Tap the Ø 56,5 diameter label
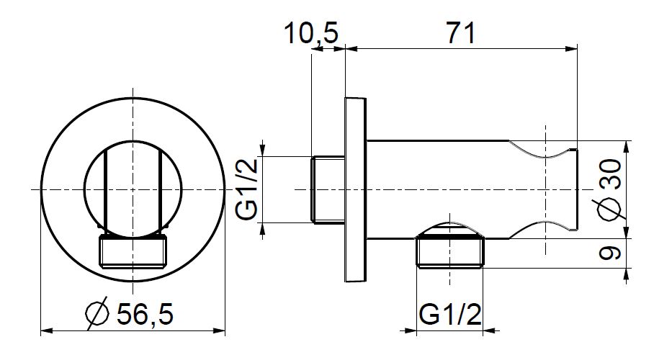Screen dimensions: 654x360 [x=130, y=314]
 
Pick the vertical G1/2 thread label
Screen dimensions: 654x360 [x=247, y=190]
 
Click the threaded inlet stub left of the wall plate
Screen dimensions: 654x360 [x=328, y=190]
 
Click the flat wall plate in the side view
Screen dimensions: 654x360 [x=355, y=190]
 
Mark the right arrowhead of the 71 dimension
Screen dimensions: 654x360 [x=572, y=49]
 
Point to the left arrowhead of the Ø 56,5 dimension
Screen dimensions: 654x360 [x=47, y=331]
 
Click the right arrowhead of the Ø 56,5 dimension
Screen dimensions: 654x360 [x=219, y=331]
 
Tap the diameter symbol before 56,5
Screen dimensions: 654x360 [x=97, y=314]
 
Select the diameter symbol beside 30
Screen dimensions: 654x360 [x=610, y=208]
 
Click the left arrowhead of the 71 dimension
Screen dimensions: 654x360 [x=351, y=49]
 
